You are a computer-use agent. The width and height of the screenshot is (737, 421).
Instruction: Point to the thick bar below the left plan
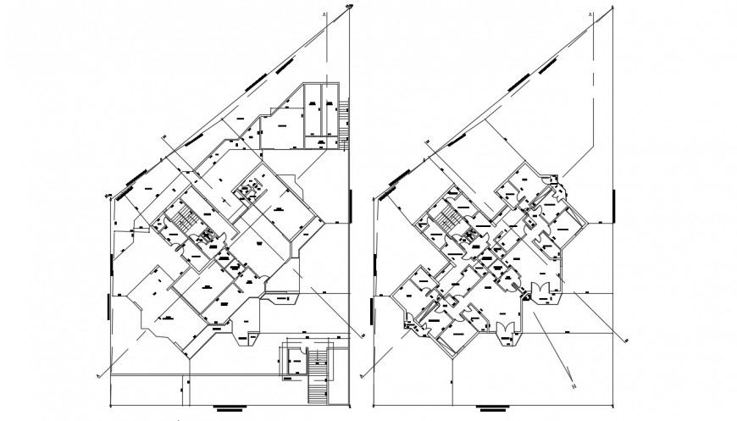point(228,409)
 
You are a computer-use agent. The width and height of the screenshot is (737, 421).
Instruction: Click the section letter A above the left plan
point(324,14)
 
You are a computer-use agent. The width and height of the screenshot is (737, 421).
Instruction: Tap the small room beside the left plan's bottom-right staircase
point(296,363)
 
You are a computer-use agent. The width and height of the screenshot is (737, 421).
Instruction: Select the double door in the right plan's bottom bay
point(505,330)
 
